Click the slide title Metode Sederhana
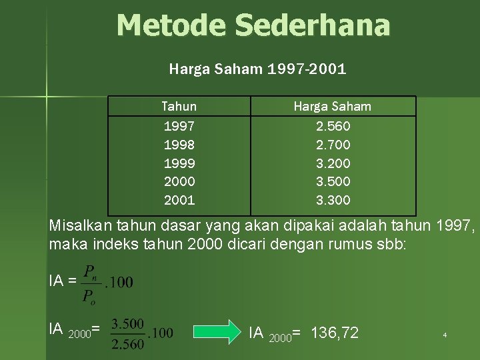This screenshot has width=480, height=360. pyautogui.click(x=253, y=25)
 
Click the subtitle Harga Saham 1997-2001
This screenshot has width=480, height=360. pyautogui.click(x=257, y=68)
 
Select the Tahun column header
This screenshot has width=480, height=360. pyautogui.click(x=179, y=107)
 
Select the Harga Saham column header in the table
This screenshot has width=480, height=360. pyautogui.click(x=333, y=107)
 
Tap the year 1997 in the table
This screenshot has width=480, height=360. pyautogui.click(x=179, y=126)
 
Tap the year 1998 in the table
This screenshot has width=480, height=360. pyautogui.click(x=179, y=145)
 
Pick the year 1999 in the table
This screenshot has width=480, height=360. pyautogui.click(x=179, y=163)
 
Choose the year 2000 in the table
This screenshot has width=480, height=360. pyautogui.click(x=179, y=181)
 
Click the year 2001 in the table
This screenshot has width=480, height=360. pyautogui.click(x=179, y=200)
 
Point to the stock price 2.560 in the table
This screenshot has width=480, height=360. pyautogui.click(x=333, y=126)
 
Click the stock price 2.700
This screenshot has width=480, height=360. pyautogui.click(x=333, y=145)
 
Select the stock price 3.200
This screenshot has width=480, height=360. pyautogui.click(x=333, y=163)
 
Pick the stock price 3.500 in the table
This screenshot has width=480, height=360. pyautogui.click(x=333, y=181)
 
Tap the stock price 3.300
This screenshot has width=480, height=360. pyautogui.click(x=333, y=200)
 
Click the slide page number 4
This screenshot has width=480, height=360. pyautogui.click(x=445, y=335)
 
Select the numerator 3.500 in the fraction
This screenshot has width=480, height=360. pyautogui.click(x=127, y=323)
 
